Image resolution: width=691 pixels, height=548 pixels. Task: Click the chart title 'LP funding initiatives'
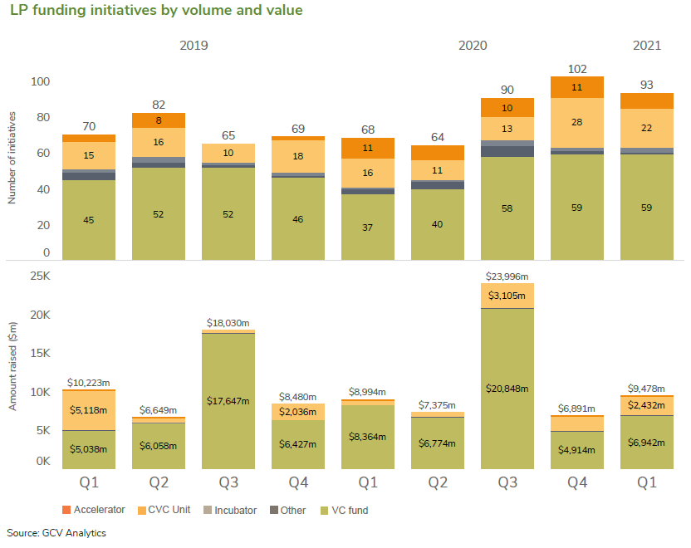[x=156, y=11]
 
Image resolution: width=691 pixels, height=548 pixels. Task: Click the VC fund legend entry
[x=345, y=510]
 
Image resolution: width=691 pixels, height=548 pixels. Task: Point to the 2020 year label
[x=473, y=46]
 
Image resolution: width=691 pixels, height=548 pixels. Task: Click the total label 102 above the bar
[x=577, y=70]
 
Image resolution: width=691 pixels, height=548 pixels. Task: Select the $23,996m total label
[x=507, y=276]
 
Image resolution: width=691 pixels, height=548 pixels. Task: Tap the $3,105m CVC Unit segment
[x=507, y=295]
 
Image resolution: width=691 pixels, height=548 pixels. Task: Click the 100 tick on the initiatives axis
[x=41, y=82]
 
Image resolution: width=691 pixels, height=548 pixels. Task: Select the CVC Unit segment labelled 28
[x=577, y=122]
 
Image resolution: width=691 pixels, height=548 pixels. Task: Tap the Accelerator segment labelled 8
[x=159, y=120]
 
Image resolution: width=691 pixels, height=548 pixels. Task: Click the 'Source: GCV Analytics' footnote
[x=56, y=532]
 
